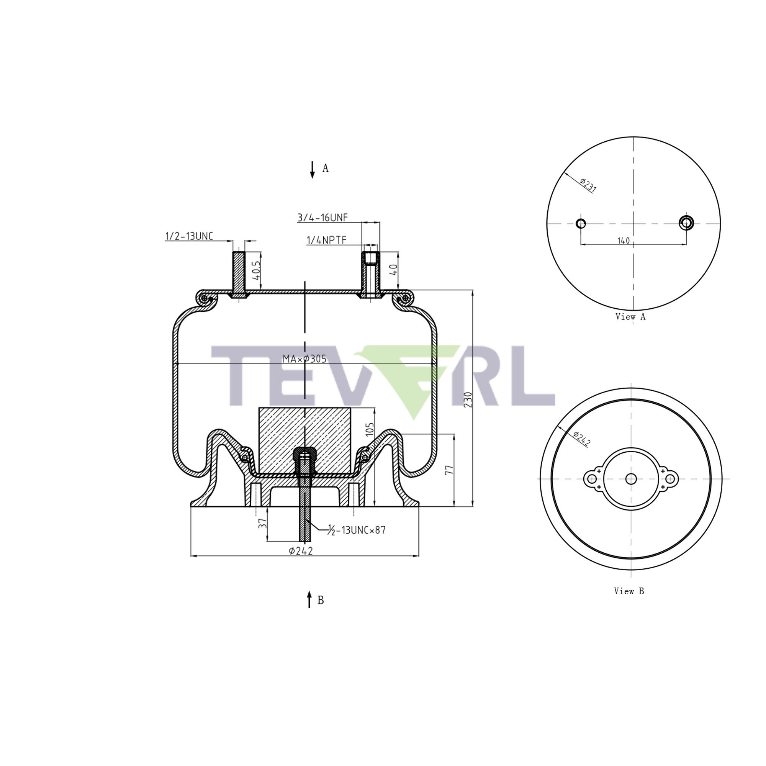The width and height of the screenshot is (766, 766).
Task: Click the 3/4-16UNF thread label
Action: click(322, 217)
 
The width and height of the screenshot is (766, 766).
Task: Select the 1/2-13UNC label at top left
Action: click(189, 236)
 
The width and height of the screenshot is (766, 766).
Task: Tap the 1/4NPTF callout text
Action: click(326, 240)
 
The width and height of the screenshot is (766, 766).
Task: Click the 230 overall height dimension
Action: click(468, 401)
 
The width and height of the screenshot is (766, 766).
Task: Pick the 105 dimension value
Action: click(370, 430)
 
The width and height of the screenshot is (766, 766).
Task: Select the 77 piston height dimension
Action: click(449, 471)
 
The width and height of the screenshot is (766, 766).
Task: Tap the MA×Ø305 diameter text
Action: click(304, 359)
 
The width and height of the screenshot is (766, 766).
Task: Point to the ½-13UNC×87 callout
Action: click(357, 530)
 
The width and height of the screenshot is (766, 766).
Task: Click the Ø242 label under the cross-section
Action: click(301, 551)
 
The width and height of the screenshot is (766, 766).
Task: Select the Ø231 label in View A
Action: click(588, 185)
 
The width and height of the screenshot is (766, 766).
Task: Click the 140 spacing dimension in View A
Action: click(623, 241)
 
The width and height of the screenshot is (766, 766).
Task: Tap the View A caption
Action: click(630, 317)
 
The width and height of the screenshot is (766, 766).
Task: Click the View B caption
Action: click(629, 602)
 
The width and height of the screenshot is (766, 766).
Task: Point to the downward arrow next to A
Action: click(313, 169)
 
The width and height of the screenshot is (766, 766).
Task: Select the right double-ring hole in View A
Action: click(686, 223)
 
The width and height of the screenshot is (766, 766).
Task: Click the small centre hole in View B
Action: click(631, 479)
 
